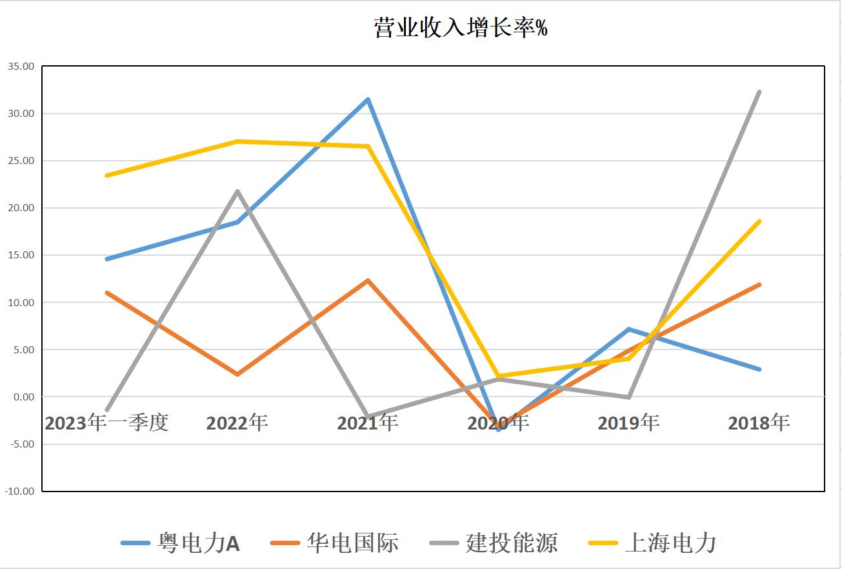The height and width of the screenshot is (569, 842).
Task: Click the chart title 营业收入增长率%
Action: pos(461,28)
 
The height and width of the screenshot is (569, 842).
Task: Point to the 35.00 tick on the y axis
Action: pos(21,67)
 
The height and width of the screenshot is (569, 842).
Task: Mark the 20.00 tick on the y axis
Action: pos(21,208)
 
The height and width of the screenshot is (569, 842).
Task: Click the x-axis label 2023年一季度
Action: pos(107,423)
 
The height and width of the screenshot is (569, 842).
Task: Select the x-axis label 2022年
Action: pos(237,423)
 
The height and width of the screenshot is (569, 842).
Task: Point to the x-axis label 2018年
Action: pos(759,423)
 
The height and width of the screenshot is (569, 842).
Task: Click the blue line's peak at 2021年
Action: pos(368,99)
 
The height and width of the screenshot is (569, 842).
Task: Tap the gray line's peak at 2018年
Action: pos(759,92)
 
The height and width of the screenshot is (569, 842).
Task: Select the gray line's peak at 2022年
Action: pos(237,191)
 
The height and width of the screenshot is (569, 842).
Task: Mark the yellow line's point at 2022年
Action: pos(237,141)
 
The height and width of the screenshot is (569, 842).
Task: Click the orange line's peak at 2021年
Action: pos(368,280)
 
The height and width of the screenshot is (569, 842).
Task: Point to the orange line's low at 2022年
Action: pos(237,374)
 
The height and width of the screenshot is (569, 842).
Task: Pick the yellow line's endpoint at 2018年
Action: pos(759,222)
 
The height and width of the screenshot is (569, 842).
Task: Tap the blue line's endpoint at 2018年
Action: pos(759,369)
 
